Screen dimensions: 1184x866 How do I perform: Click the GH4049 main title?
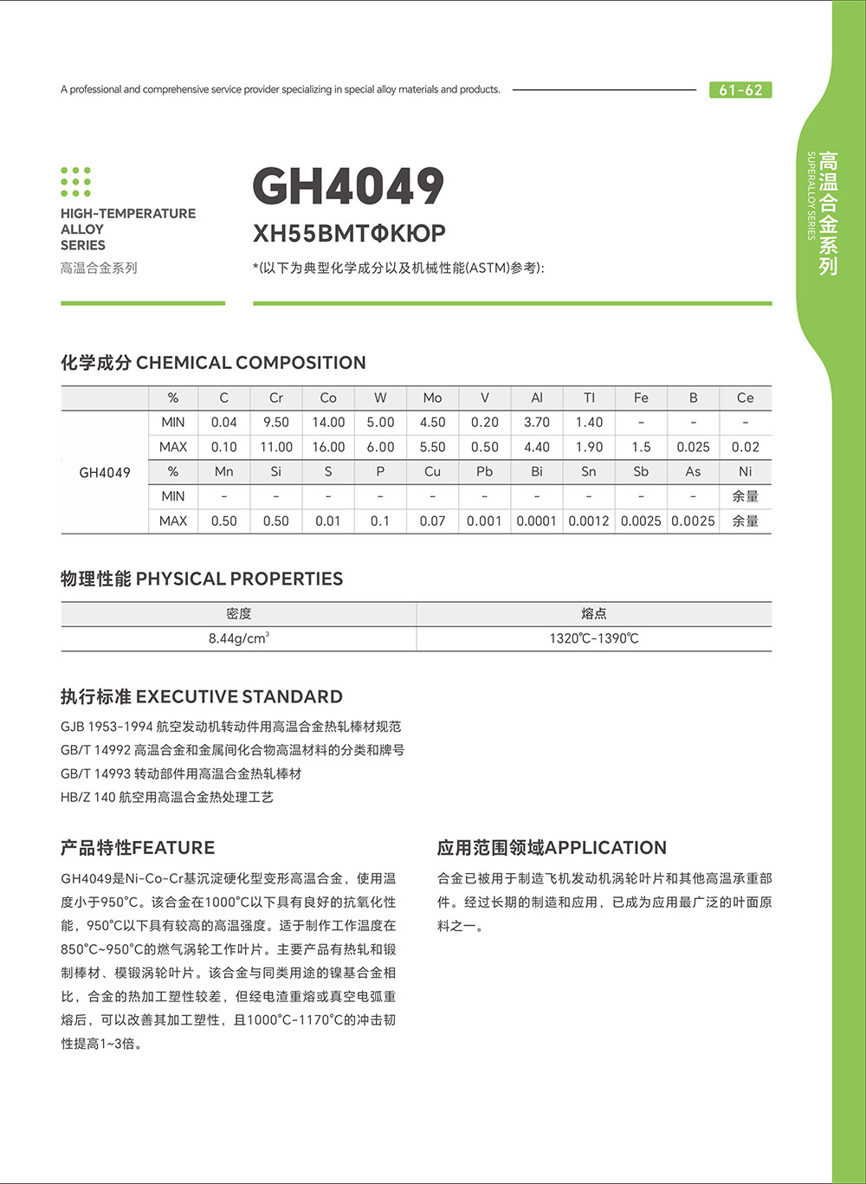(348, 186)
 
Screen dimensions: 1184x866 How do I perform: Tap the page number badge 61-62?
(740, 90)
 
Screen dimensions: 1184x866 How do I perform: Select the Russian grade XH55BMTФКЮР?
(349, 233)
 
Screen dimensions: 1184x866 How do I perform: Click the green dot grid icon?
(76, 182)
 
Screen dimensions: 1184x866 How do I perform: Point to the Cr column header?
(275, 398)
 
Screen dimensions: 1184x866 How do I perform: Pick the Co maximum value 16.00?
(328, 447)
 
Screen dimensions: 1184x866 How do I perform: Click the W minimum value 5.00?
(380, 423)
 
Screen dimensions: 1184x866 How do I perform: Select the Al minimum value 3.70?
(537, 423)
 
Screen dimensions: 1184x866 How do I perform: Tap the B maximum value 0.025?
(693, 447)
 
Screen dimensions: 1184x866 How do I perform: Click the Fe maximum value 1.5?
(641, 447)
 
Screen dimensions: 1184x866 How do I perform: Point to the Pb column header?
(484, 471)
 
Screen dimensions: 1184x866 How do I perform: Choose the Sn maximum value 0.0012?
(589, 521)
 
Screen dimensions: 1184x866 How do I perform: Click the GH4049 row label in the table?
(105, 472)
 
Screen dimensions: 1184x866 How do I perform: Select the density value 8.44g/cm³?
(238, 638)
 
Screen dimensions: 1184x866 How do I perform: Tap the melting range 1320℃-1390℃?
(594, 638)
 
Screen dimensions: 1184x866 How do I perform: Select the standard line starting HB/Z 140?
(167, 797)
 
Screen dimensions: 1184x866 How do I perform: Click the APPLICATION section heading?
(552, 847)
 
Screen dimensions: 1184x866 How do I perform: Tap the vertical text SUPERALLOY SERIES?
(811, 196)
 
